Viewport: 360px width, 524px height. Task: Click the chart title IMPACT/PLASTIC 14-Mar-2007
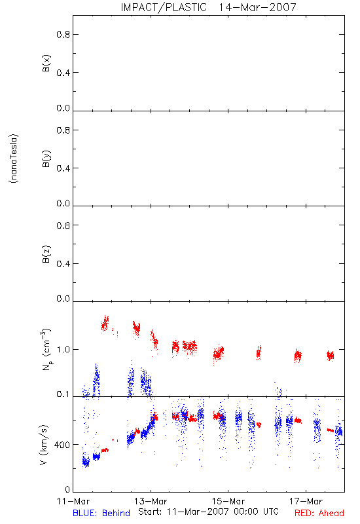tap(208, 7)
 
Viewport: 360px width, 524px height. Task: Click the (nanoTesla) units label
tap(14, 159)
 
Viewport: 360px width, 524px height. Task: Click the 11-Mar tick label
tap(73, 501)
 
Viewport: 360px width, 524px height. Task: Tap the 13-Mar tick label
tap(151, 501)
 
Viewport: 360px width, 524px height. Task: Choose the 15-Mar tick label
tap(228, 501)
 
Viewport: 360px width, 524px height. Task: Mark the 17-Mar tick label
tap(306, 501)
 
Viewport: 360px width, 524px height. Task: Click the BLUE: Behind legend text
tap(101, 513)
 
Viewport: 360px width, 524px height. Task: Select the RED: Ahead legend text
tap(319, 513)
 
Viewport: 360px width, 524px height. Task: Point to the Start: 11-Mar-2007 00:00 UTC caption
tap(208, 512)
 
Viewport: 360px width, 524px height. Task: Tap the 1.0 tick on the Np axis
tap(63, 350)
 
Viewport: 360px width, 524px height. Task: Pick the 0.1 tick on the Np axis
tap(63, 394)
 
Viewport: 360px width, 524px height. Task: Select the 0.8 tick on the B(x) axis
tap(63, 35)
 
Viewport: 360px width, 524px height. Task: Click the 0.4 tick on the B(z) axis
tap(63, 264)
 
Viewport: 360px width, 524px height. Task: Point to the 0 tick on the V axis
tap(67, 489)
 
